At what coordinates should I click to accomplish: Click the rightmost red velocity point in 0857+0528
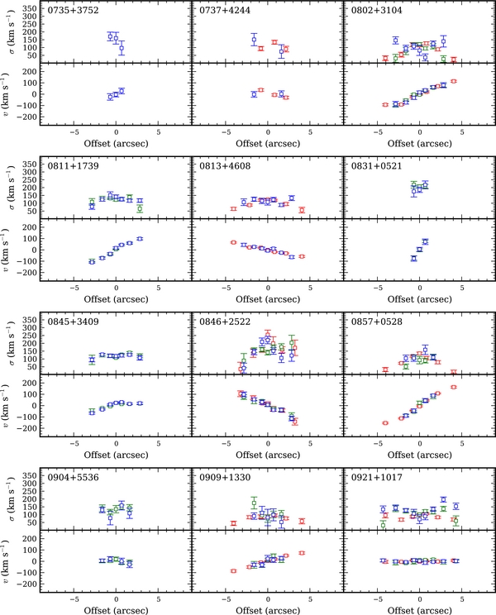pos(454,387)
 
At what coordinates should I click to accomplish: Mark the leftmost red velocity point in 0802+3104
pos(385,105)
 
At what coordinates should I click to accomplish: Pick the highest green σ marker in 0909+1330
pos(254,503)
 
